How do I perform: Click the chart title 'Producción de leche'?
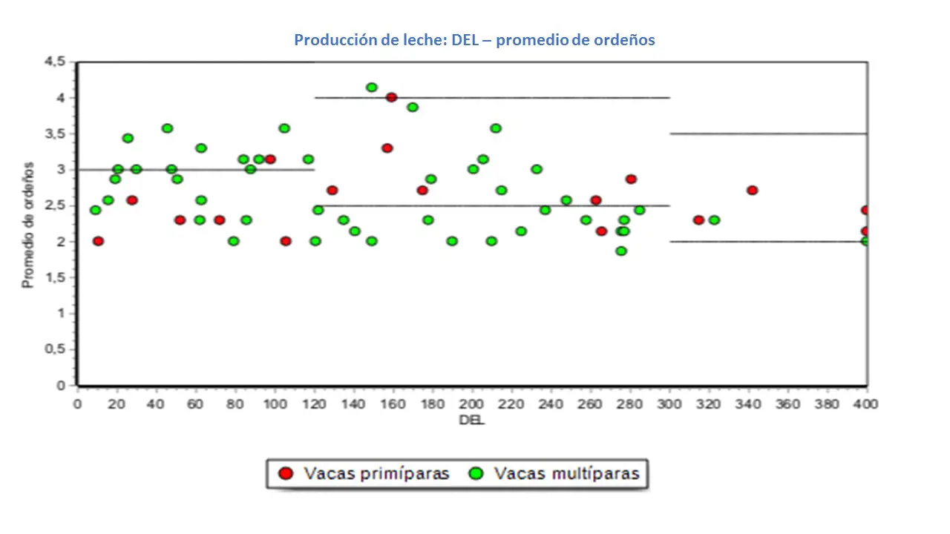click(474, 40)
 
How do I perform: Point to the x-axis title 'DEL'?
click(472, 420)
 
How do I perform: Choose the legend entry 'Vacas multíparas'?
click(556, 474)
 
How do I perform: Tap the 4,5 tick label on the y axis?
click(56, 62)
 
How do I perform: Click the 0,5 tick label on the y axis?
click(56, 349)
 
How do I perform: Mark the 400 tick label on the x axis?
click(866, 404)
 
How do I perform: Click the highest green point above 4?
click(372, 88)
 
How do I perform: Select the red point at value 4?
click(391, 97)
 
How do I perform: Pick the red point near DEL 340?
click(752, 190)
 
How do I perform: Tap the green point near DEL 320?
click(714, 220)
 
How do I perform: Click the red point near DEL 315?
click(698, 220)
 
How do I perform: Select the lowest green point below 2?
click(621, 251)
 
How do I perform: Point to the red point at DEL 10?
click(98, 241)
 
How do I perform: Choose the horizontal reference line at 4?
click(492, 97)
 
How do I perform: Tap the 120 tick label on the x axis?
click(315, 404)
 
